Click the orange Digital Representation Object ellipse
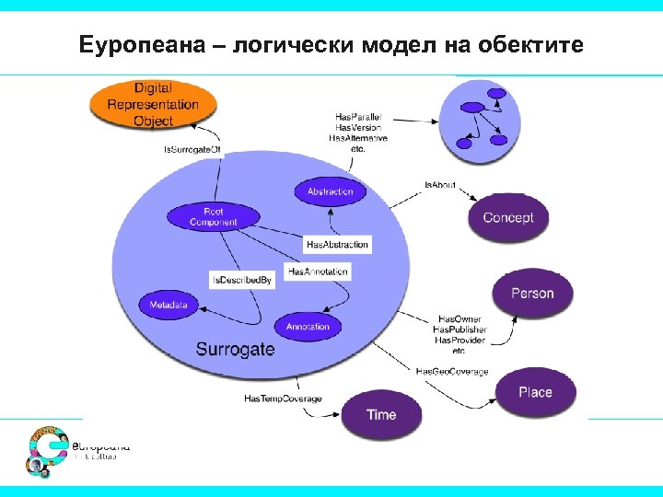point(153,104)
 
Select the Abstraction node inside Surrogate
point(330,192)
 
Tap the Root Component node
point(213,217)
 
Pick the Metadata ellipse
point(169,305)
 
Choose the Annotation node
point(308,327)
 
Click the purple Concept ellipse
point(508,218)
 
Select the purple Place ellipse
point(535,392)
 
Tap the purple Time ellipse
point(381,415)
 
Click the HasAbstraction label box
point(337,244)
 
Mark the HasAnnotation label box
point(318,272)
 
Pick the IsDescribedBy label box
point(242,280)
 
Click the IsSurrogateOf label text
point(192,149)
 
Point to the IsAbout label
point(440,186)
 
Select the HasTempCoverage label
point(283,399)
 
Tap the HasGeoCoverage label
point(452,371)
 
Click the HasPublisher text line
point(459,329)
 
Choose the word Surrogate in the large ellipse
point(236,349)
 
